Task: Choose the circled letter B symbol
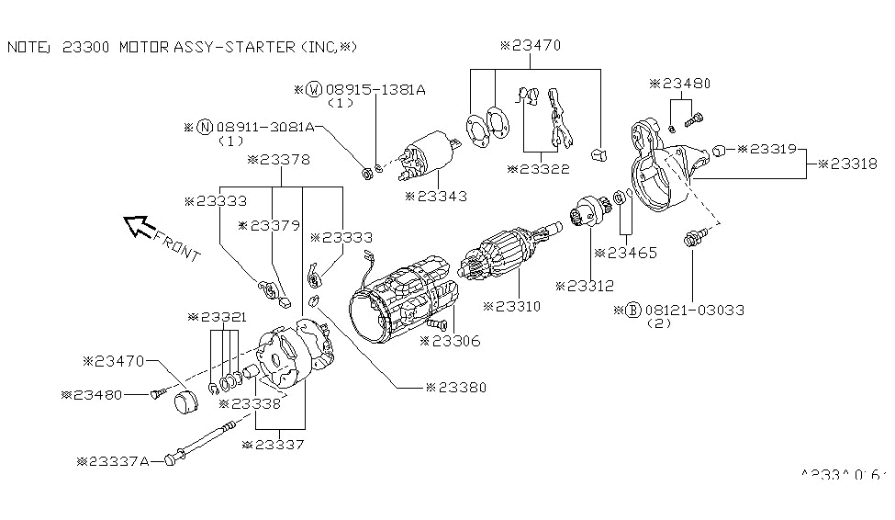[x=632, y=311]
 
